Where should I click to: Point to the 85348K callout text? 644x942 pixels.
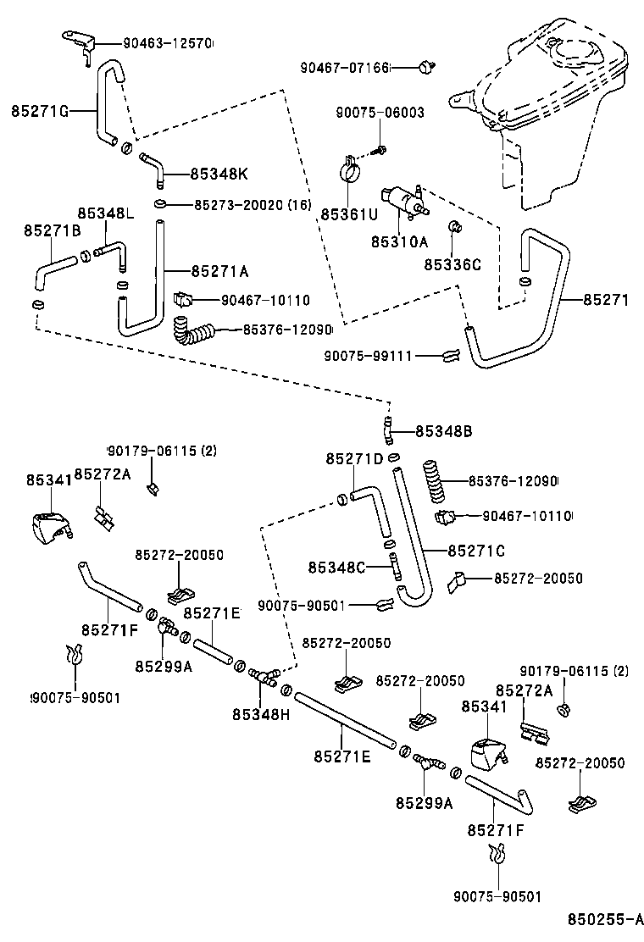pos(219,174)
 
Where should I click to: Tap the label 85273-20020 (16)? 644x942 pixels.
pos(253,205)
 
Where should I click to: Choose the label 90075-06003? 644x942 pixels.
pos(380,113)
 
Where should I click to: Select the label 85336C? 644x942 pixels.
pos(452,264)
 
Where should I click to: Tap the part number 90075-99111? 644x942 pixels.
pos(368,356)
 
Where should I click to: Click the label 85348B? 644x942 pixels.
pos(443,431)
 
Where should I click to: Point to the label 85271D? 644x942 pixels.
pos(354,458)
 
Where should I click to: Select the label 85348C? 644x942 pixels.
pos(336,567)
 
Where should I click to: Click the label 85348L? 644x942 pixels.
pos(106,213)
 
